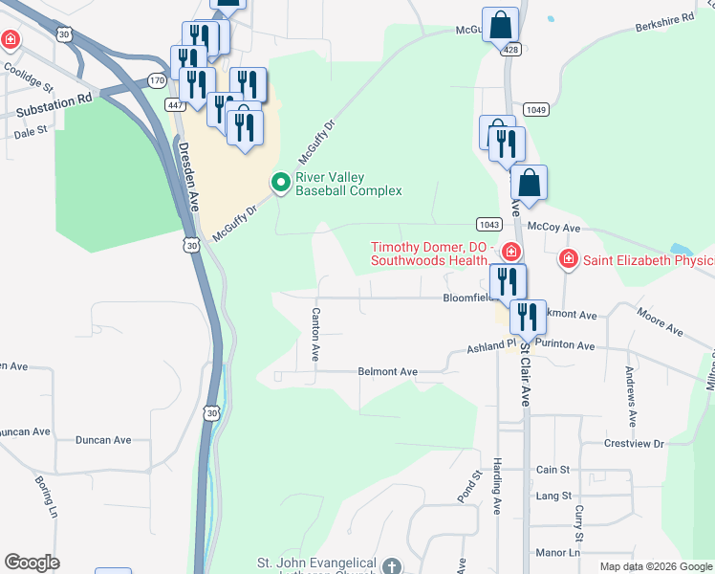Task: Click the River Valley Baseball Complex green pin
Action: pos(281,182)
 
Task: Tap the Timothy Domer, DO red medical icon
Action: pos(511,253)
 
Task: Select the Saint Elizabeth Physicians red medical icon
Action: pos(569,258)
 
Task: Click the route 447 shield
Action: pos(175,104)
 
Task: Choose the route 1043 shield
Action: pos(487,224)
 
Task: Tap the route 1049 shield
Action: pos(536,109)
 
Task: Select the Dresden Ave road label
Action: pos(188,177)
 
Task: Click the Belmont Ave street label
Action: pos(388,371)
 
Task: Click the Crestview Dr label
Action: pos(633,444)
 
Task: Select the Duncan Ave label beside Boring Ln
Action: pos(103,440)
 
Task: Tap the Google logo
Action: pos(32,563)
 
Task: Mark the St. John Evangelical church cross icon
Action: pos(390,566)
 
